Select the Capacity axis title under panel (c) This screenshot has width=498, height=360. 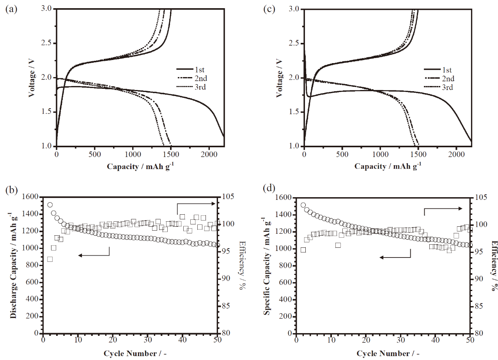pos(388,166)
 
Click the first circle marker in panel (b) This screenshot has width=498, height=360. pos(50,205)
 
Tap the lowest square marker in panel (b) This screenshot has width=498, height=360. pos(50,259)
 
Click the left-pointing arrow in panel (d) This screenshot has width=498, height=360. pos(394,257)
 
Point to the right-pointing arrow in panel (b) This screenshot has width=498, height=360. pos(197,204)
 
